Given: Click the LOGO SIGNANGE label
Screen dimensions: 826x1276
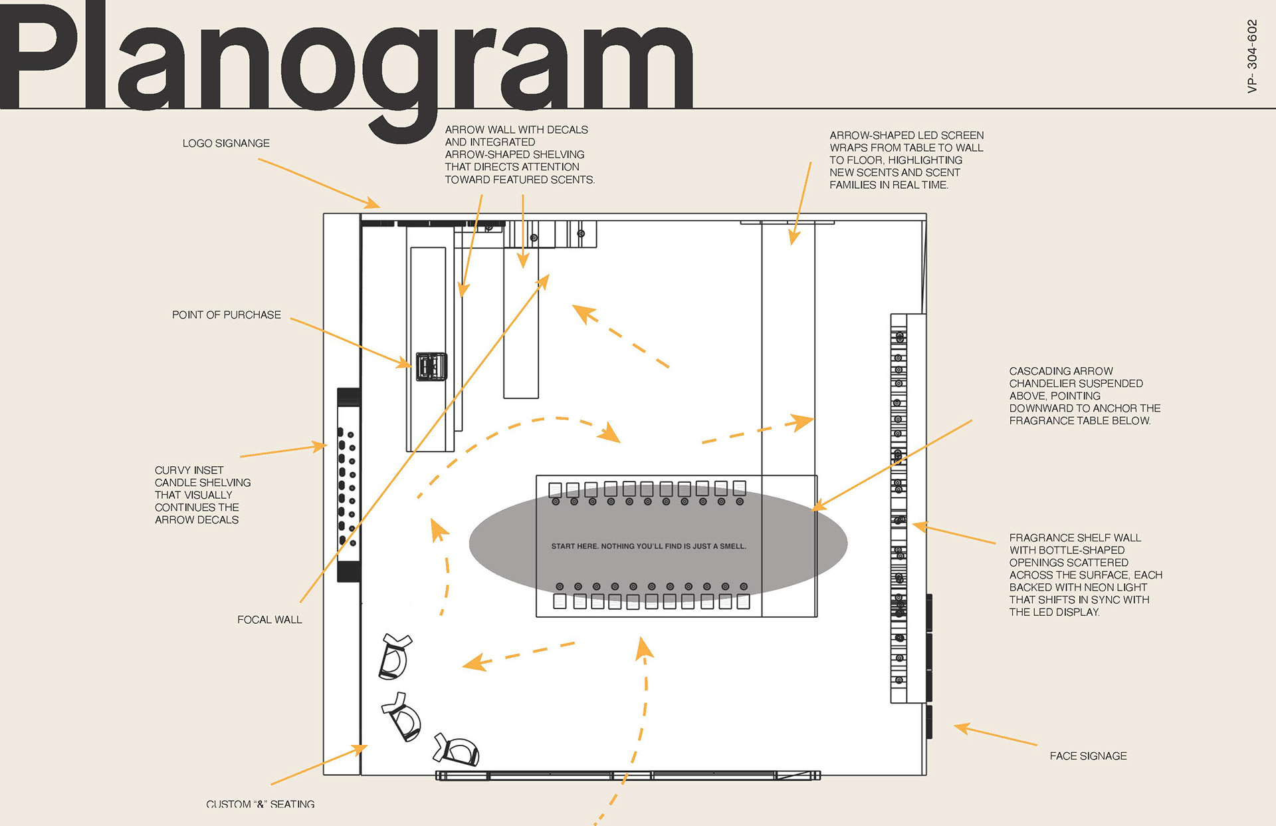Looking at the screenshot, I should pyautogui.click(x=226, y=144).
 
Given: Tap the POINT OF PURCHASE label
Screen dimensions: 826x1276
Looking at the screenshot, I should pyautogui.click(x=226, y=315).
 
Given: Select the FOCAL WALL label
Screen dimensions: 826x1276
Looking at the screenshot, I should pyautogui.click(x=269, y=620).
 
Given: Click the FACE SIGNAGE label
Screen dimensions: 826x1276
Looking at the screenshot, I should pyautogui.click(x=1088, y=756).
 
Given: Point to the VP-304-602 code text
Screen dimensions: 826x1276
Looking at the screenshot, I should pyautogui.click(x=1252, y=56).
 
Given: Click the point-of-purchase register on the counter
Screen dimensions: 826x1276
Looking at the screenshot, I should pyautogui.click(x=431, y=366).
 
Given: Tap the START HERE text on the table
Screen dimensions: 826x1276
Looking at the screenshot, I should pyautogui.click(x=648, y=547).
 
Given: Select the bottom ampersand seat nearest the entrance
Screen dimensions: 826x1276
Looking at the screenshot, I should pyautogui.click(x=457, y=750).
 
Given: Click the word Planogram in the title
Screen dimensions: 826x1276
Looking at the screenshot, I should pyautogui.click(x=346, y=60).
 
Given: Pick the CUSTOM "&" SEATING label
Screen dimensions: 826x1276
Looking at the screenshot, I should pyautogui.click(x=261, y=804).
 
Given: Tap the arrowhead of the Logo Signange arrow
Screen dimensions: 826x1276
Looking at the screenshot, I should pyautogui.click(x=375, y=204).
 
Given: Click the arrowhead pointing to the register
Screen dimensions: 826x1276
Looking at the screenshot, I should pyautogui.click(x=405, y=364).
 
